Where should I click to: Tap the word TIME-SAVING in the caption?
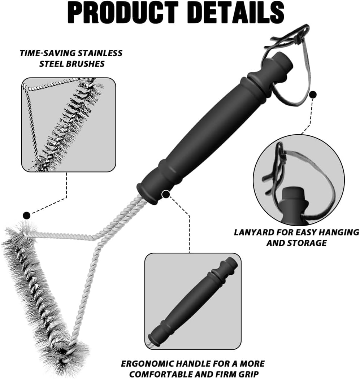pyautogui.click(x=48, y=53)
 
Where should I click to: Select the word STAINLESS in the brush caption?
pyautogui.click(x=100, y=53)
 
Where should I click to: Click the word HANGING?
pyautogui.click(x=339, y=232)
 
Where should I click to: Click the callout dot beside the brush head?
pyautogui.click(x=27, y=215)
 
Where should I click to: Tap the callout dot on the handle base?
pyautogui.click(x=166, y=194)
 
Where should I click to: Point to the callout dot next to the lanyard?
pyautogui.click(x=313, y=95)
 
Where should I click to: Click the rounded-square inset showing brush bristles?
pyautogui.click(x=69, y=125)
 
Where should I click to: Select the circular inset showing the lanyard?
pyautogui.click(x=299, y=180)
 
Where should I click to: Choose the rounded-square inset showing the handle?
pyautogui.click(x=193, y=301)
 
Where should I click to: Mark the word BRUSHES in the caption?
pyautogui.click(x=72, y=64)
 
